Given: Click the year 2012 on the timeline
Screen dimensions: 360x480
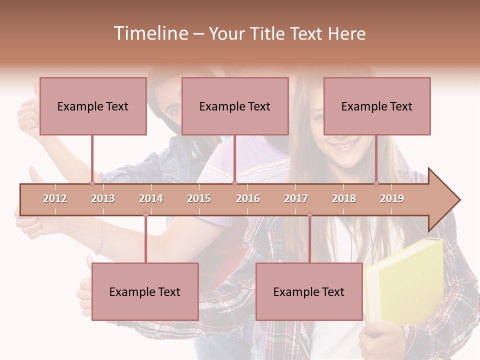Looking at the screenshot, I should (x=55, y=198).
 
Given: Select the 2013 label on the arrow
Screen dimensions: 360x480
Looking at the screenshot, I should (x=103, y=198).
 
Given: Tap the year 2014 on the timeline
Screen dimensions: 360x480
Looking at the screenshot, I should (x=151, y=198).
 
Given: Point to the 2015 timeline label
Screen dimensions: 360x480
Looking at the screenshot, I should (x=199, y=198).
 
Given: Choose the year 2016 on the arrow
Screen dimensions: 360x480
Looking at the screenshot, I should (x=248, y=198).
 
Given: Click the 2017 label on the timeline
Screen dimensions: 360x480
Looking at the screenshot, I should (x=296, y=198).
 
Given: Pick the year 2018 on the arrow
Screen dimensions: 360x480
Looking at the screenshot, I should (x=344, y=198).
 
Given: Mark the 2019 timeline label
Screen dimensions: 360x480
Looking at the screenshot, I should (x=392, y=198).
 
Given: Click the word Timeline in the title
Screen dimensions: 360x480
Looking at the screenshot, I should (x=149, y=33).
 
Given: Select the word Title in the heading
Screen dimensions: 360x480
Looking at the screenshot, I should (x=268, y=33).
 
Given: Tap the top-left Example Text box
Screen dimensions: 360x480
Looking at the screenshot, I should (x=93, y=106).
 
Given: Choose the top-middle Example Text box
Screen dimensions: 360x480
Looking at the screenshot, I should (x=235, y=106).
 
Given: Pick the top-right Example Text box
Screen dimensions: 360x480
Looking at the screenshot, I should (x=377, y=106).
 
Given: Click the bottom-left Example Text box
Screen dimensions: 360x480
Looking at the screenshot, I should (x=145, y=291).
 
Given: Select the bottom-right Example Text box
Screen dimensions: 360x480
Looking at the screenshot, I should (x=309, y=291).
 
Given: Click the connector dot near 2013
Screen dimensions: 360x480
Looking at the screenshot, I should (x=92, y=183).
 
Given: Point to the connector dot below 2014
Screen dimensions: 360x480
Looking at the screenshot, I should (x=145, y=214).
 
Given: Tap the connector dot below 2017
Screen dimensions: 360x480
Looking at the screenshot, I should (x=309, y=214).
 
